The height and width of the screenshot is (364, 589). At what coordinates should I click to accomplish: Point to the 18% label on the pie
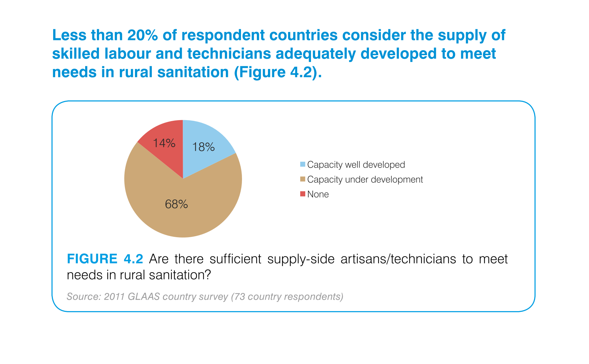(203, 147)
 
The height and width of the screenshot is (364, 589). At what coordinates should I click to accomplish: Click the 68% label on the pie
(176, 204)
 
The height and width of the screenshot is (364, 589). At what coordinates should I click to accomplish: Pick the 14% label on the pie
(164, 143)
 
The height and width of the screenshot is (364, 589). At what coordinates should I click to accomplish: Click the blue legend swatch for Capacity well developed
(303, 165)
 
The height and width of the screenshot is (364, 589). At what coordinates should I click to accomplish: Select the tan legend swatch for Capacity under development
(303, 179)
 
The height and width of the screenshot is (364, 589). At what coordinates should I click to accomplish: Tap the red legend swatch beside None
(303, 194)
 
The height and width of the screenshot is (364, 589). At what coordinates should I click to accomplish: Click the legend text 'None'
(318, 194)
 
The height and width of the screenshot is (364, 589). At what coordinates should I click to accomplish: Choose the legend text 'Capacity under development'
(365, 180)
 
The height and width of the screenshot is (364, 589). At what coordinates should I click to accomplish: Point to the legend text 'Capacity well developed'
(356, 165)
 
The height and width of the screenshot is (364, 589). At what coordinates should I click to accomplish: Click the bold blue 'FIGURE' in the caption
(92, 259)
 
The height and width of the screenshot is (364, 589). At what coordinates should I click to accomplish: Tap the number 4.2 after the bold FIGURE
(133, 259)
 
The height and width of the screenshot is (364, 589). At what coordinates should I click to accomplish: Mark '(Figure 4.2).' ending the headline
(278, 72)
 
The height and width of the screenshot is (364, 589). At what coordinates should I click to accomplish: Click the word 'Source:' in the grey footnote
(84, 296)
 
